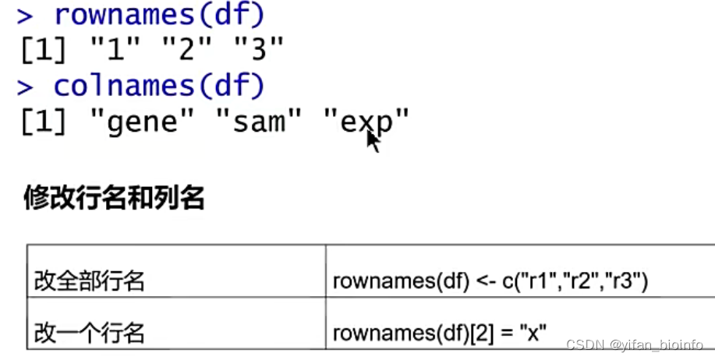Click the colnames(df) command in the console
coord(160,86)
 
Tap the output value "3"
coord(260,51)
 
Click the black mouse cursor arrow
coord(373,141)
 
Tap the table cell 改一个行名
coord(90,334)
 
